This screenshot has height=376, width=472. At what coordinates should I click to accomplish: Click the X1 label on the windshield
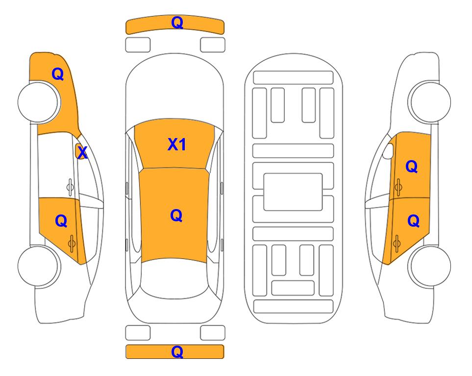click(x=177, y=144)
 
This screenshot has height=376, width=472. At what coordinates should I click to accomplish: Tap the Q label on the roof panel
click(x=176, y=215)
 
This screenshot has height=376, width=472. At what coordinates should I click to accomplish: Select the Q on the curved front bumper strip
click(x=177, y=22)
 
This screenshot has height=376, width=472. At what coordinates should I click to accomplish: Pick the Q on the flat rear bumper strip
click(x=177, y=352)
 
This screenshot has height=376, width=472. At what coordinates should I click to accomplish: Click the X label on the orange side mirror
click(x=82, y=153)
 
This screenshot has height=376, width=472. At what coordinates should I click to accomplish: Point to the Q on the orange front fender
click(x=58, y=74)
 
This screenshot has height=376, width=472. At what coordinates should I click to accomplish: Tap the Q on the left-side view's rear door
click(x=61, y=221)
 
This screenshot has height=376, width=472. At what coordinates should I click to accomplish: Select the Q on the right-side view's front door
click(x=412, y=166)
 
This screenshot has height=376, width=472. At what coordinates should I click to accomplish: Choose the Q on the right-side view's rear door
click(x=413, y=221)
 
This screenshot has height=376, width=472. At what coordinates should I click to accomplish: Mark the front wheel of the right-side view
click(x=429, y=102)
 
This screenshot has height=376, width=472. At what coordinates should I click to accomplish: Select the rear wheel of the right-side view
click(x=429, y=266)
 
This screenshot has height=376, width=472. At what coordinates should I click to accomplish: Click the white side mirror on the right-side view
click(x=388, y=151)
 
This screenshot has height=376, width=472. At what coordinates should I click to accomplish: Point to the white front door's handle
click(x=70, y=187)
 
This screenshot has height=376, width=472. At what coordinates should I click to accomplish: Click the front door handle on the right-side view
click(x=398, y=187)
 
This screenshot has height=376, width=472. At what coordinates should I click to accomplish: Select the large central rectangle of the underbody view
click(x=293, y=192)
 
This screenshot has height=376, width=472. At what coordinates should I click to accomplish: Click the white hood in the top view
click(x=174, y=90)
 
